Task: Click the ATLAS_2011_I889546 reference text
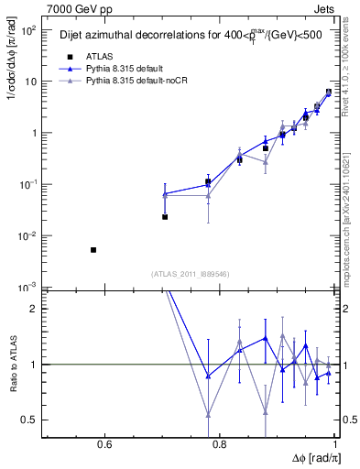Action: tap(191, 274)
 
